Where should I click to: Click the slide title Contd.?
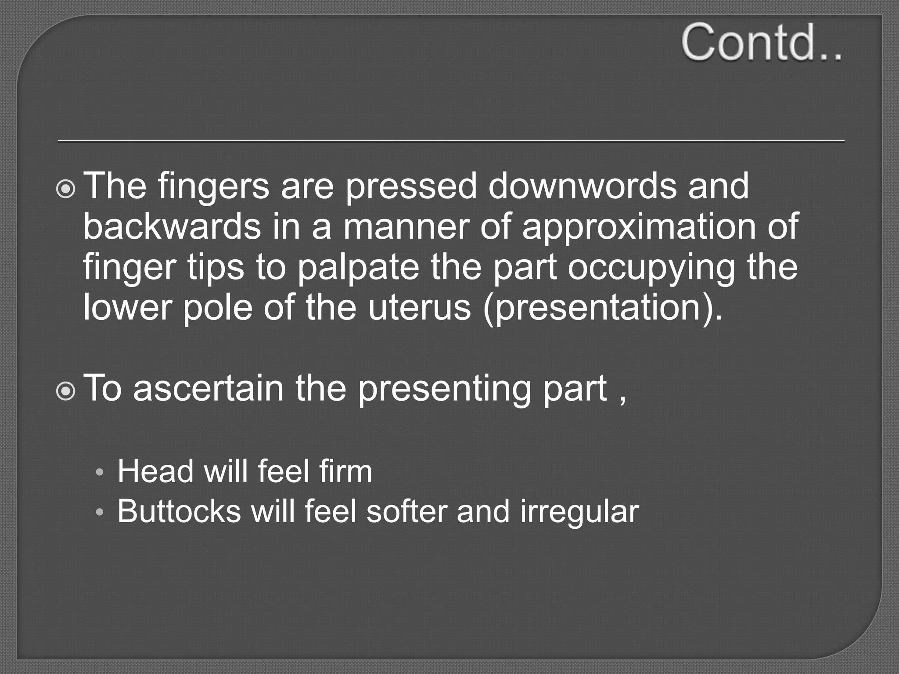coord(762,43)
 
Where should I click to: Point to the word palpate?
coord(358,268)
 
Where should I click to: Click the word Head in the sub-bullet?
coord(155,471)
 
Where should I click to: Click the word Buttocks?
coord(179,511)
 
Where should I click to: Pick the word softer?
coord(406,511)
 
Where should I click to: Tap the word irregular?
coord(579,512)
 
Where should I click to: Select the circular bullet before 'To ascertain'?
coord(66,391)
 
